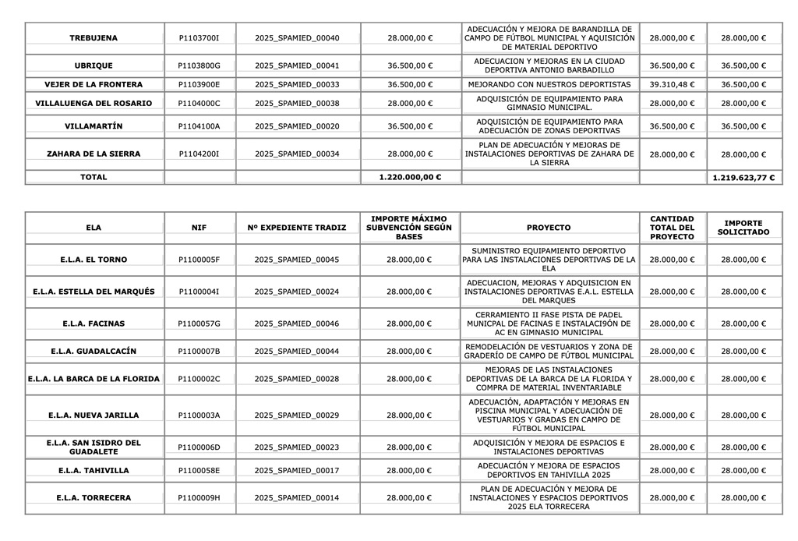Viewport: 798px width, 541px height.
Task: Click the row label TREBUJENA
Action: pyautogui.click(x=94, y=37)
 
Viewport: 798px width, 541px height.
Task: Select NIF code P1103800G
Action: pyautogui.click(x=199, y=65)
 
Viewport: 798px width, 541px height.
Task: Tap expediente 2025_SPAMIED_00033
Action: pyautogui.click(x=297, y=84)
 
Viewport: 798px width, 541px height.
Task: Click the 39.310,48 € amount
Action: pyautogui.click(x=672, y=84)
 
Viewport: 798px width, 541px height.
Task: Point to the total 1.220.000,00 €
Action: pyautogui.click(x=410, y=177)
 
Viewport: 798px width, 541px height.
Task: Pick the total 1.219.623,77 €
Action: pyautogui.click(x=743, y=178)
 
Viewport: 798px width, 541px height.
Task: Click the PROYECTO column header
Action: pyautogui.click(x=549, y=228)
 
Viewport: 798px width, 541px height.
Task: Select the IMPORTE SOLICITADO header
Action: pyautogui.click(x=743, y=228)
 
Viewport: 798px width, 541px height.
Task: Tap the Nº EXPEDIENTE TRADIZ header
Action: pyautogui.click(x=297, y=228)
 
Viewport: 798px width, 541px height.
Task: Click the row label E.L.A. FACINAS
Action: pyautogui.click(x=94, y=324)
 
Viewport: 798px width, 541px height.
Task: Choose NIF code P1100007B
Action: pyautogui.click(x=199, y=352)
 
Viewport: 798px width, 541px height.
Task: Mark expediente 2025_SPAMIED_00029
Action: pyautogui.click(x=297, y=415)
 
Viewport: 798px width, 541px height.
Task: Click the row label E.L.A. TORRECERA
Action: pyautogui.click(x=94, y=498)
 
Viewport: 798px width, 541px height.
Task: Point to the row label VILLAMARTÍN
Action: pyautogui.click(x=94, y=126)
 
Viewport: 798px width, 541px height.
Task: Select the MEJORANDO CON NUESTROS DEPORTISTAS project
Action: pyautogui.click(x=549, y=84)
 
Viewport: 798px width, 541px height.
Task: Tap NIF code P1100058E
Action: pyautogui.click(x=199, y=471)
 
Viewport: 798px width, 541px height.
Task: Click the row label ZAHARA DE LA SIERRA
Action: pyautogui.click(x=94, y=154)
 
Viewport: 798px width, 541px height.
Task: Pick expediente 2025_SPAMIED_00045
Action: pyautogui.click(x=297, y=260)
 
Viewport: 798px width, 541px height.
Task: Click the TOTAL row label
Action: pyautogui.click(x=94, y=177)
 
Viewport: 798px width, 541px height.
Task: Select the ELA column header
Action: pyautogui.click(x=94, y=228)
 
